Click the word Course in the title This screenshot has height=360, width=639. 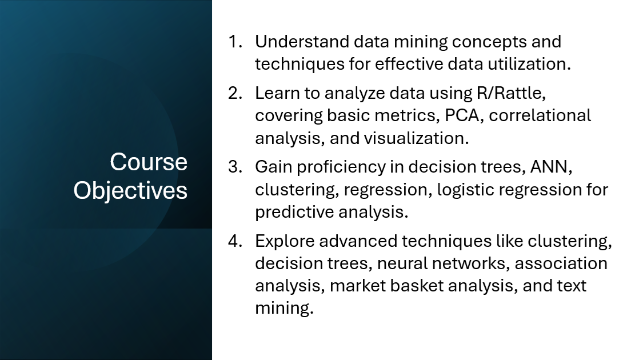click(x=149, y=162)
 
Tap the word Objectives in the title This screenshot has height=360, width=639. click(x=130, y=191)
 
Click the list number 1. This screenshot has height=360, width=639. click(x=235, y=42)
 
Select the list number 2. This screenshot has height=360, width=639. click(x=235, y=93)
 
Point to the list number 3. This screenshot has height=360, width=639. click(x=235, y=167)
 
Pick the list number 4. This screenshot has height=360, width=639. click(x=235, y=241)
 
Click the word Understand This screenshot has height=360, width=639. click(x=302, y=42)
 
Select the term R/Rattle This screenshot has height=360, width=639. click(x=511, y=93)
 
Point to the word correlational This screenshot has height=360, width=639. click(x=540, y=115)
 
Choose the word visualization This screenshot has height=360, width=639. click(x=416, y=138)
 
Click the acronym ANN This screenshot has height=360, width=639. click(x=551, y=167)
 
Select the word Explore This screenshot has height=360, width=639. click(x=285, y=242)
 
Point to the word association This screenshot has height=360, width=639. click(x=561, y=263)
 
